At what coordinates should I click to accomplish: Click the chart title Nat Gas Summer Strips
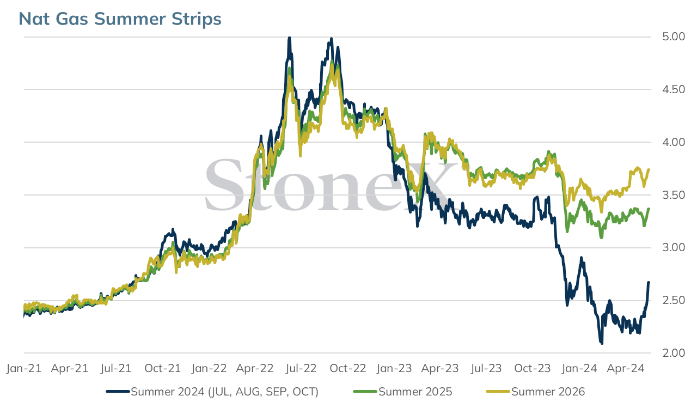120,19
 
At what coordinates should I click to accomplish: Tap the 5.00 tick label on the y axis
674,36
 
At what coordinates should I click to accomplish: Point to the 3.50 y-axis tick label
674,194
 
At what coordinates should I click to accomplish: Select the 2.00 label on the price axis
674,352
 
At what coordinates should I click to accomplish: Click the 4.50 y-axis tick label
674,89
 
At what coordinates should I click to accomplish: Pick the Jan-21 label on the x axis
24,368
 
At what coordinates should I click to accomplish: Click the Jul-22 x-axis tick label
301,368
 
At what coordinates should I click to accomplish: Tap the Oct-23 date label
533,368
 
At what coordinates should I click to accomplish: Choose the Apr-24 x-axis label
626,368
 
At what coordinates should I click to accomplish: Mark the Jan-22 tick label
209,368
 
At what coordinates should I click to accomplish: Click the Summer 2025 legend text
415,392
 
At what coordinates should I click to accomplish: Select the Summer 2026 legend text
548,392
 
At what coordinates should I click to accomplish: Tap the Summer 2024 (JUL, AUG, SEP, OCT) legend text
224,392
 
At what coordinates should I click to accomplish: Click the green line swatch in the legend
365,392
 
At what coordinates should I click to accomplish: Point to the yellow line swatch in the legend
498,392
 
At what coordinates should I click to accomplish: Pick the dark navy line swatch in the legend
118,392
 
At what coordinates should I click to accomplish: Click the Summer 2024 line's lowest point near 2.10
602,343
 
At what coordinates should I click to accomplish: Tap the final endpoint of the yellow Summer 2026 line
649,170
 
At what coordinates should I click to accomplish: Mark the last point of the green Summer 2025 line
649,209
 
